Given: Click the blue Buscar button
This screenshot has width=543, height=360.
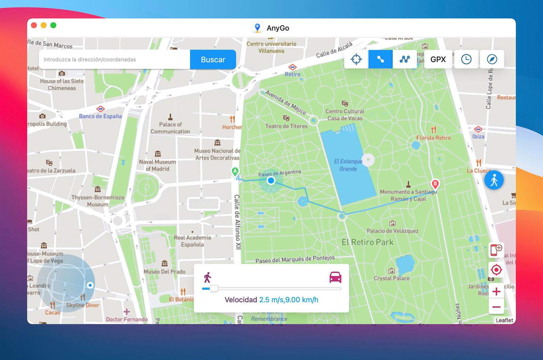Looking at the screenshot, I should [213, 59].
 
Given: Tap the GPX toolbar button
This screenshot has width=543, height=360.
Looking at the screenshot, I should [438, 59].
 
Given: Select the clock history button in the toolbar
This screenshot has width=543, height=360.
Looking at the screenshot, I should [466, 59].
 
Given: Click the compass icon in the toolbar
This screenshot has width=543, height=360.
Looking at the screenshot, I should [492, 59].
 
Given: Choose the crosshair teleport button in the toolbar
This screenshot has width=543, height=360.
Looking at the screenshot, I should [356, 59].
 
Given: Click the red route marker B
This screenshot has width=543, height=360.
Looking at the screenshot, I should [435, 184].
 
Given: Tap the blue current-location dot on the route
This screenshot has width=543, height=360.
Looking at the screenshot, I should [271, 180].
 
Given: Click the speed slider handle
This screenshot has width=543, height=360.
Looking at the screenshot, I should [214, 288].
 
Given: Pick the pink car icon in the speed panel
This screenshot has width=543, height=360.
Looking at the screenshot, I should [335, 277].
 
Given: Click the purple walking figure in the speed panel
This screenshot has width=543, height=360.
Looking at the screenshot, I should [207, 277].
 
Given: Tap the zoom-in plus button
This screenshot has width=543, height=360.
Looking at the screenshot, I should [496, 291].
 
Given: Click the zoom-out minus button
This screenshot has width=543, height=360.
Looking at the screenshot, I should [496, 307].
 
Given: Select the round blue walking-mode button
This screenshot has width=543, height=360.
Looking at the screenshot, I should [494, 180].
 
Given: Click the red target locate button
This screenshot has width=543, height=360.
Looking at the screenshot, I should [496, 270].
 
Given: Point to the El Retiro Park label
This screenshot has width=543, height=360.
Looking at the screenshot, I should [367, 242].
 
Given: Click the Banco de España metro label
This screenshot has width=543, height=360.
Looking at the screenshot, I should [100, 116].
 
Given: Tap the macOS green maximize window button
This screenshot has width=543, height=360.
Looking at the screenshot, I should [53, 25].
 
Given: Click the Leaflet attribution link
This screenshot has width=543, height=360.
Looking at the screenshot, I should [504, 320].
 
